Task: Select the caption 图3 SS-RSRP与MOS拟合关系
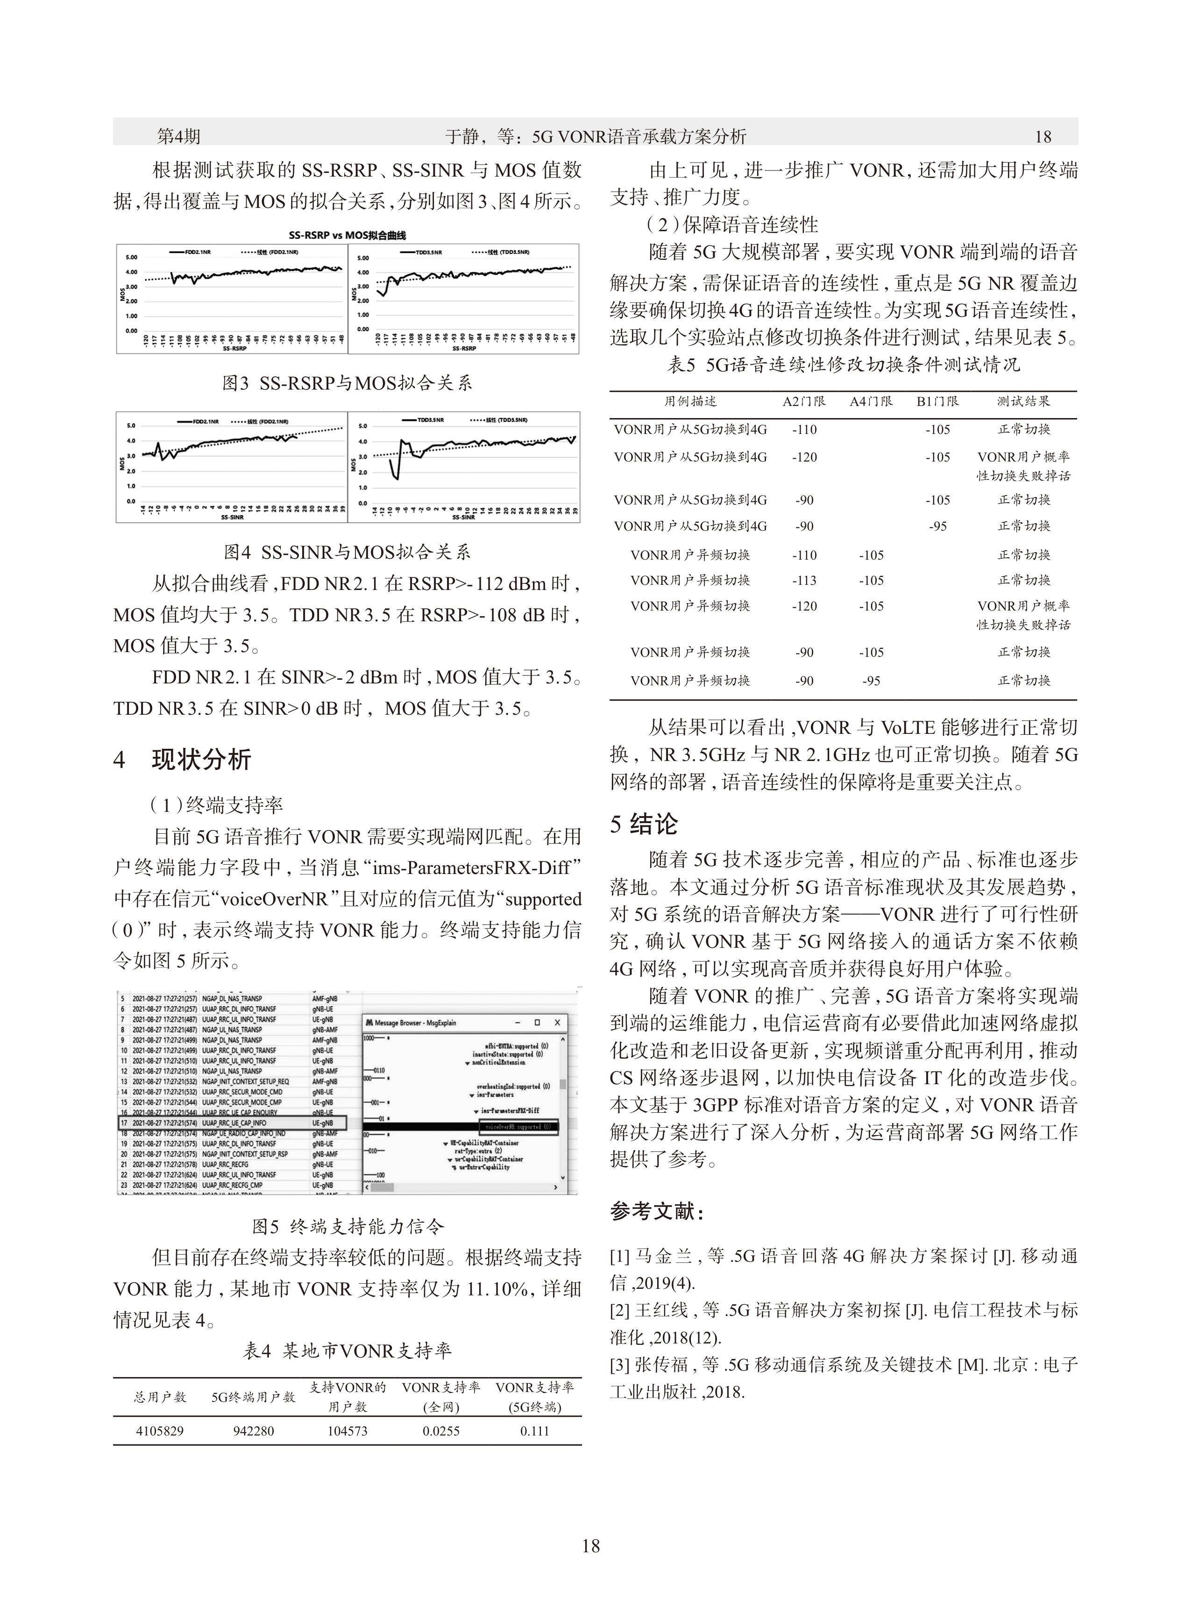(347, 383)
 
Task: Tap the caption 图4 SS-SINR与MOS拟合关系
(347, 552)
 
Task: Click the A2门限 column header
(804, 401)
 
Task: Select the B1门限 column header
(937, 401)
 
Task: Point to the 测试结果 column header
(1023, 401)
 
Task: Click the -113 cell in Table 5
(804, 580)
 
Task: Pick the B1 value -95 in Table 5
(937, 526)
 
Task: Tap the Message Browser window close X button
(557, 1023)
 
